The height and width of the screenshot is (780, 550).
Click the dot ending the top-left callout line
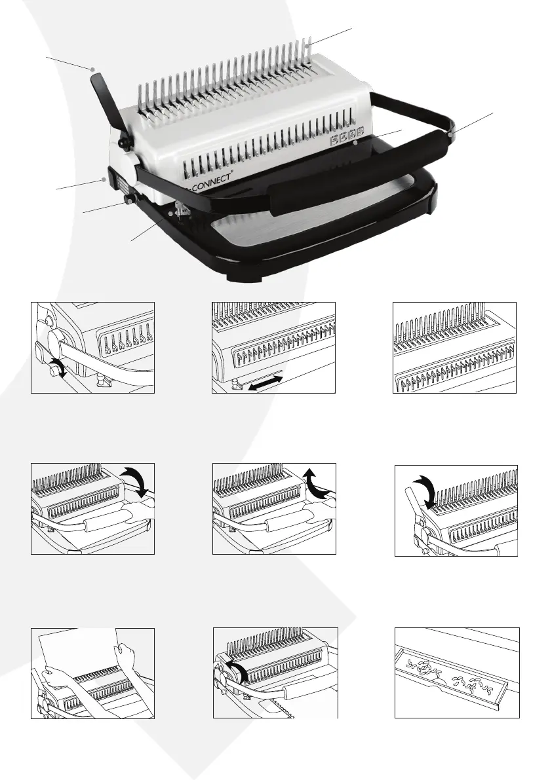coord(94,68)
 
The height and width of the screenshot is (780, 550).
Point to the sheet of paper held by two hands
coord(79,655)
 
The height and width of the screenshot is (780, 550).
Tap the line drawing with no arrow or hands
coord(455,347)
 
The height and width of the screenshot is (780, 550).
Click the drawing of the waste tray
coord(456,673)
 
